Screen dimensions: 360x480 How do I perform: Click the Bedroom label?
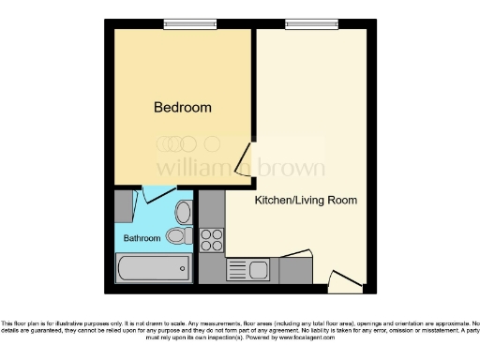click(x=182, y=108)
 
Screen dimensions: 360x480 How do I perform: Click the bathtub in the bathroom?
click(x=152, y=269)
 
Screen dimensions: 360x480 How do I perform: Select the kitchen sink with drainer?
click(x=249, y=270)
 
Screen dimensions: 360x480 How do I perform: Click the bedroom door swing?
click(x=245, y=159)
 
